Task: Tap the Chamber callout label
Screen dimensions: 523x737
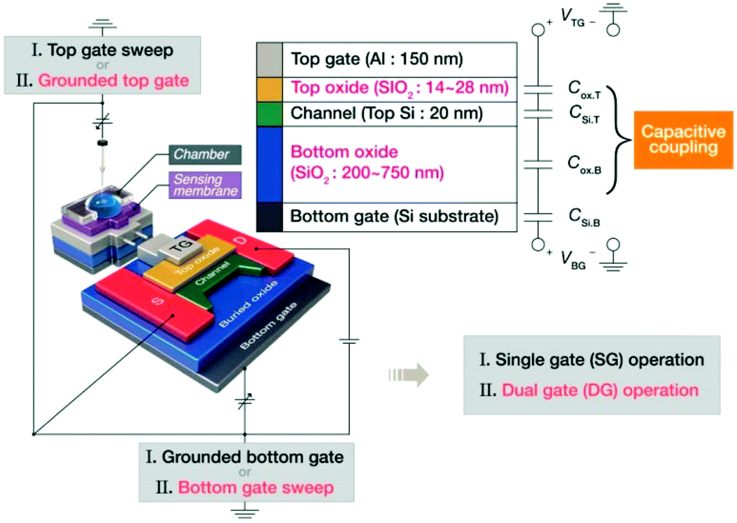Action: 205,154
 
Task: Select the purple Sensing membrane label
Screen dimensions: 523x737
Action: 205,185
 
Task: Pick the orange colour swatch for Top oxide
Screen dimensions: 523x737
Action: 270,90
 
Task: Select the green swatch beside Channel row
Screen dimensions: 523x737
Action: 270,114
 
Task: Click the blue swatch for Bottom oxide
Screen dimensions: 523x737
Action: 270,164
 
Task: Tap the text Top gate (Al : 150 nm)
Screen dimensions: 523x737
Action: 377,59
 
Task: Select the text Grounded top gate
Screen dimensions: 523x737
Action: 113,81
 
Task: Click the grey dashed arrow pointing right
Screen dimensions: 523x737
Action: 409,374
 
